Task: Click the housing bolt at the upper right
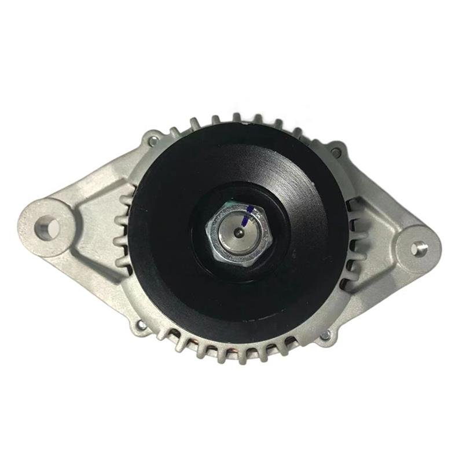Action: (336, 152)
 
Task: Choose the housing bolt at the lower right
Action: (326, 335)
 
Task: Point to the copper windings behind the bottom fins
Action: (237, 351)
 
